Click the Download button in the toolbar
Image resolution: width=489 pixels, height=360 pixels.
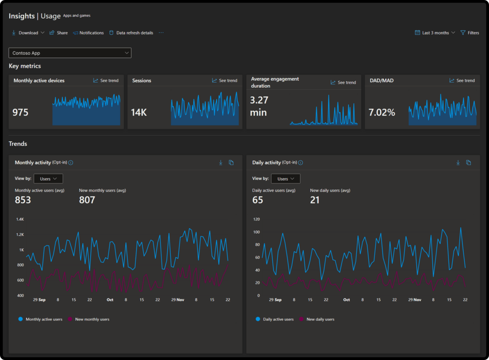pos(28,33)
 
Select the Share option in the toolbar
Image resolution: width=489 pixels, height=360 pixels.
pos(59,33)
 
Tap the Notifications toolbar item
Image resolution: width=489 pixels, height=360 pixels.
pos(88,33)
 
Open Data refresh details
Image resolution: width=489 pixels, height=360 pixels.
pos(131,33)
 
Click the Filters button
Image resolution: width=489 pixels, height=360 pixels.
pos(469,33)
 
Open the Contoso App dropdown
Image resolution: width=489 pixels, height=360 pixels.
pos(70,53)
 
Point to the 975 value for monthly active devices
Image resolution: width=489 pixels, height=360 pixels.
pos(21,113)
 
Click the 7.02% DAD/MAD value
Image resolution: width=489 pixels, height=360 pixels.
pos(382,113)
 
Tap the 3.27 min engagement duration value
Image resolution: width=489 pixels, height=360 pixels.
pos(259,106)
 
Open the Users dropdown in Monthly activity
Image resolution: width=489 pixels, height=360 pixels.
pos(48,179)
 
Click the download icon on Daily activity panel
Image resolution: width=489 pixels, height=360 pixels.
pos(458,163)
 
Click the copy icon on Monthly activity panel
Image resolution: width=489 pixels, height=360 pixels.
pos(231,163)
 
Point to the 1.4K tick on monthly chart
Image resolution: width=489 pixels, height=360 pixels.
pos(20,219)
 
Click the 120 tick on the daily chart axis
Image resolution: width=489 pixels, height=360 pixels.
pos(256,219)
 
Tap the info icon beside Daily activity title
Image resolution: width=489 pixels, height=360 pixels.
pos(300,163)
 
